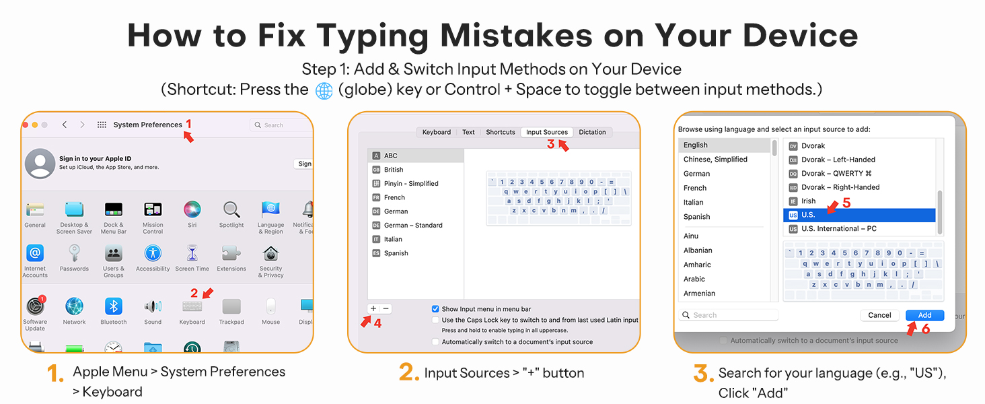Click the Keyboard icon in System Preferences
(192, 306)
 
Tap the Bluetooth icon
(114, 306)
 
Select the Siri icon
(192, 209)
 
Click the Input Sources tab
(546, 132)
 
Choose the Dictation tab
(592, 132)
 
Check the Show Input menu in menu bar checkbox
(435, 309)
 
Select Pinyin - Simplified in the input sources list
(411, 184)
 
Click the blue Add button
(924, 315)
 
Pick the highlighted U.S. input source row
(859, 215)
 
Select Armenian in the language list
(699, 293)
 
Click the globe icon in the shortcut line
(324, 91)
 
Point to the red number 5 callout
(846, 203)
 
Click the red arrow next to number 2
(208, 293)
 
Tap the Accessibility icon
(153, 253)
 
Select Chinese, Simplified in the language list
(715, 160)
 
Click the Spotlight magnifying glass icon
(231, 209)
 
